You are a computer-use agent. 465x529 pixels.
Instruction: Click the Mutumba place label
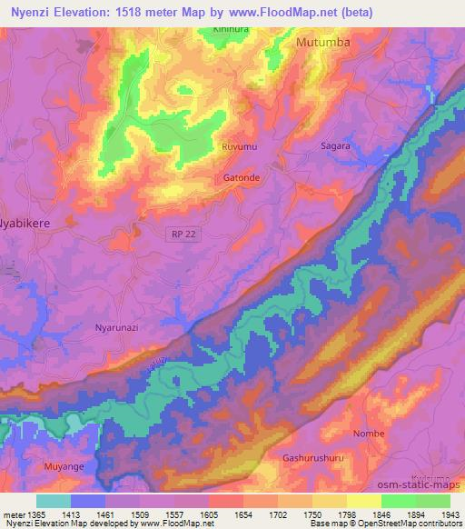pyautogui.click(x=323, y=42)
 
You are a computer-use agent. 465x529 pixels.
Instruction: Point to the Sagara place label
pyautogui.click(x=336, y=145)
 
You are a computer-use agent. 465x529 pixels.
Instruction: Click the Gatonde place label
pyautogui.click(x=242, y=177)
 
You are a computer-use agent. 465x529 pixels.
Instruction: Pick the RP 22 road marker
pyautogui.click(x=183, y=235)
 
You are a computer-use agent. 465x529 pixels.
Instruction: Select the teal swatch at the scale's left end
pyautogui.click(x=54, y=501)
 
